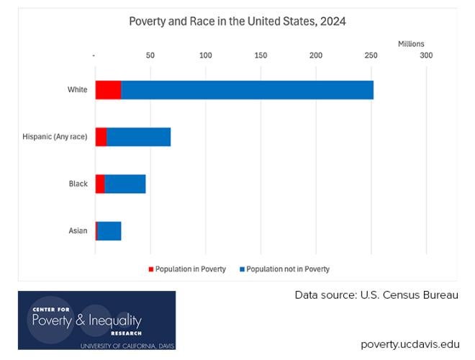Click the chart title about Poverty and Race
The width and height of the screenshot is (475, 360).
coord(237,22)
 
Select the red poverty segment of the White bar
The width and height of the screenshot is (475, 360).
coord(108,90)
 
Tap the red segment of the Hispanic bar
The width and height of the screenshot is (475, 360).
coord(101,137)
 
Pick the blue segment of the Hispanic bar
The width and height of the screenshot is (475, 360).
coord(138,137)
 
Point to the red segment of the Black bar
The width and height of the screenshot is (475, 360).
coord(100,184)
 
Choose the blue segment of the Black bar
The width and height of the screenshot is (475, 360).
coord(125,184)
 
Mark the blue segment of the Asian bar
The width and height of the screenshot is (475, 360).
coord(109,230)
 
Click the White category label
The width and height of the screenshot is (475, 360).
coord(77,90)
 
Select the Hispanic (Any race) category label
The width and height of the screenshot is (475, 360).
coord(55,137)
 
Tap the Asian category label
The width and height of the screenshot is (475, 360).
coord(78,230)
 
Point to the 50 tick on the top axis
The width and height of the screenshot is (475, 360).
coord(150,55)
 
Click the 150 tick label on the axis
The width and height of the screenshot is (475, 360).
coord(261,55)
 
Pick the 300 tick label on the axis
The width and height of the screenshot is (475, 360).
coord(426,55)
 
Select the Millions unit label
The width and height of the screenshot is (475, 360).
coord(411,44)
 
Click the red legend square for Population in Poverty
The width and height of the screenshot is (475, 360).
coord(151,269)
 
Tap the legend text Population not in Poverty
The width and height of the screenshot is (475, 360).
coord(288,269)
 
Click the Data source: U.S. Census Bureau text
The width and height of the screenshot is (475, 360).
coord(376,295)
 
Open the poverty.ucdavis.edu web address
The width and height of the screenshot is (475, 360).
coord(410,343)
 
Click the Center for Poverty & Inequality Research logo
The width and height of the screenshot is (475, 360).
coord(96,320)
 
